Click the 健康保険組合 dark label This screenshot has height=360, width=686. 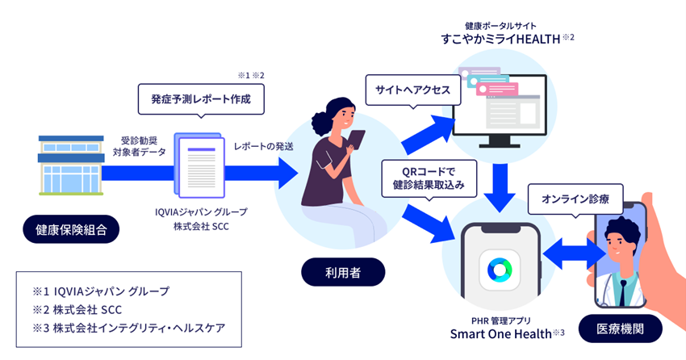(71, 230)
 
